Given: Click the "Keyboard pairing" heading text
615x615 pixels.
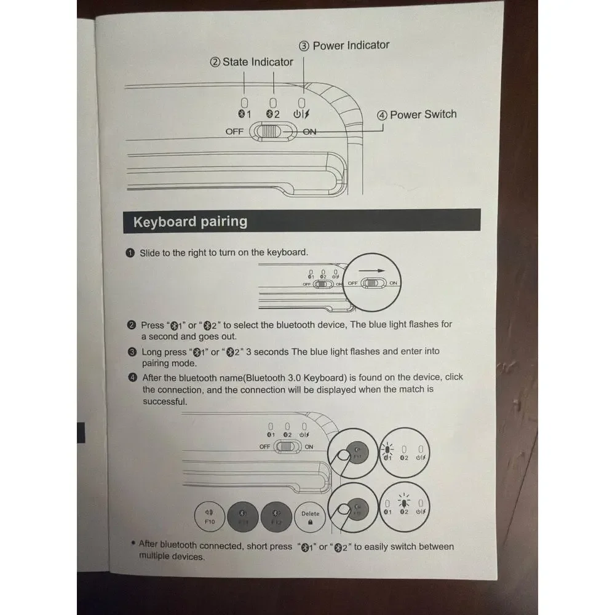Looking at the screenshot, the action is (190, 221).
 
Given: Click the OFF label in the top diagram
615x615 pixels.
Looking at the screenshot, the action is (234, 132).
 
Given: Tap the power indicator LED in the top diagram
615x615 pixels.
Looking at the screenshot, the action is (301, 103).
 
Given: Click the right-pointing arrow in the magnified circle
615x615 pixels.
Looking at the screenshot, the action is (372, 271).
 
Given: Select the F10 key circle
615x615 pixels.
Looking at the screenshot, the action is (210, 516).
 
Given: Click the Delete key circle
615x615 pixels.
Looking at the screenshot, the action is (310, 517).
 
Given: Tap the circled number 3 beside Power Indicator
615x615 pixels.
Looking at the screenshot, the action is (304, 46).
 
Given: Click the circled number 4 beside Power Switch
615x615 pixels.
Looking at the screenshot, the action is (382, 116).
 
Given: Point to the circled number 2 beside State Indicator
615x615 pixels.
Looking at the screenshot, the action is (215, 62).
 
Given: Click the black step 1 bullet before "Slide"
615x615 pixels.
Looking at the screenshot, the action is (130, 253).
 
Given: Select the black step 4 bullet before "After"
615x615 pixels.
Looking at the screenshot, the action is (133, 378).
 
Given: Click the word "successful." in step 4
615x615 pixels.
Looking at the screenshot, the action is (165, 402).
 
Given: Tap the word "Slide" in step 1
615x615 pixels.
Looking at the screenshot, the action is (150, 253).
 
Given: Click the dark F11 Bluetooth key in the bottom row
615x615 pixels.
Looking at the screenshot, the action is (243, 517).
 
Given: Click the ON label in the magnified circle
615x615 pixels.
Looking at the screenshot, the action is (393, 283).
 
